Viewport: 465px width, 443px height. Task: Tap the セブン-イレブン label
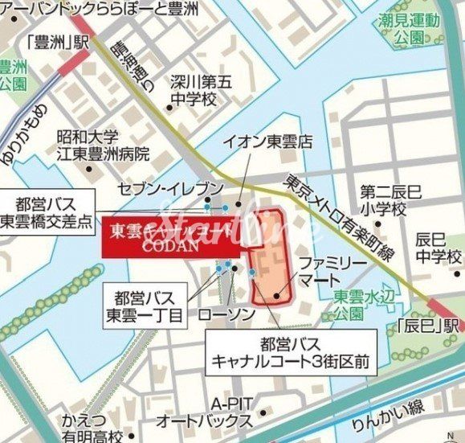coord(169,188)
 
